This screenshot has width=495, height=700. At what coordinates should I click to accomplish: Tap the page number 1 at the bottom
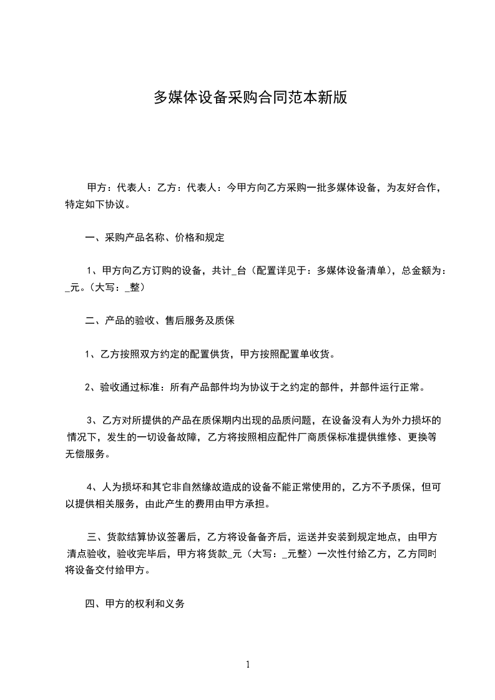tap(248, 664)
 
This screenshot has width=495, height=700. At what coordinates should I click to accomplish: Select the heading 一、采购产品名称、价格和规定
tap(155, 238)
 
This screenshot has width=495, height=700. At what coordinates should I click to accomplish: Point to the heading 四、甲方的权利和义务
tap(135, 604)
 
